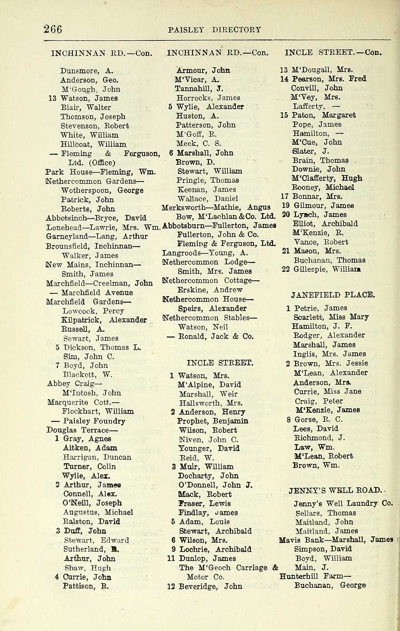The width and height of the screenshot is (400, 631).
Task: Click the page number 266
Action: pos(53,29)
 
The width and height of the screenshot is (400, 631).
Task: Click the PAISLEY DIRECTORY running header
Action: pos(214,30)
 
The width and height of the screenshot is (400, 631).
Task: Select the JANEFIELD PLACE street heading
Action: pos(333,295)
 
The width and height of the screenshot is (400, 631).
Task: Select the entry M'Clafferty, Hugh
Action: pos(327,178)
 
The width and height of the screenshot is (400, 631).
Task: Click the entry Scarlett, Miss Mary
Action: pos(331,317)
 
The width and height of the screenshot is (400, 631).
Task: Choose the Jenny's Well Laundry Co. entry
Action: pos(343,503)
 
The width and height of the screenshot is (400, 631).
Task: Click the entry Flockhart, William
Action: pos(98,411)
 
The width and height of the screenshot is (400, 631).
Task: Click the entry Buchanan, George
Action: pos(330,585)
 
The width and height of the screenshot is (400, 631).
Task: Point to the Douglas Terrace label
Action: pos(82,430)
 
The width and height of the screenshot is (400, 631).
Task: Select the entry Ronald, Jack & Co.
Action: pos(213,336)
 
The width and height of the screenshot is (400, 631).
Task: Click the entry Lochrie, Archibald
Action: pos(215,549)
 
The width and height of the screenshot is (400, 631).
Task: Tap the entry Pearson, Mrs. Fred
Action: pos(328,79)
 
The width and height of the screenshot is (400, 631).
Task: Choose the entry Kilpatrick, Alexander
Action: pos(104,320)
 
